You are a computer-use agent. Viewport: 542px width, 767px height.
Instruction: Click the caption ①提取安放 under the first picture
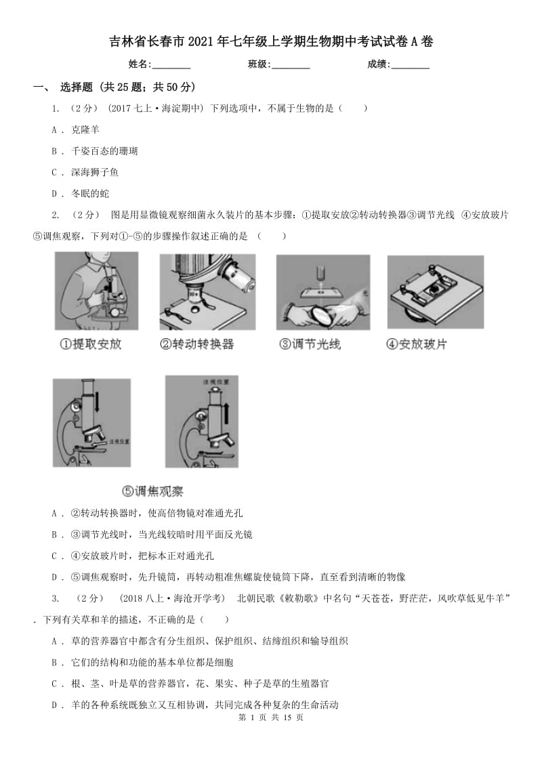point(90,344)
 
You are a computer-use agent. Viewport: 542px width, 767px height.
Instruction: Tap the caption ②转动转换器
point(196,344)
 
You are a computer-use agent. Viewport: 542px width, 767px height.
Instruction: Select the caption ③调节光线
point(310,344)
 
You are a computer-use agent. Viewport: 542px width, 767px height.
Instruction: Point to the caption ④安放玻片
point(417,344)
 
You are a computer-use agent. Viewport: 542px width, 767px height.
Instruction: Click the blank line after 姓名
point(171,65)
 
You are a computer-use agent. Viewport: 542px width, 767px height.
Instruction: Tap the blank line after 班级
point(291,65)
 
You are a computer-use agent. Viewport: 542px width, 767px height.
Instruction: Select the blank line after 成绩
point(411,65)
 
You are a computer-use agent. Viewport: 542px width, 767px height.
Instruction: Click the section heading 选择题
point(76,87)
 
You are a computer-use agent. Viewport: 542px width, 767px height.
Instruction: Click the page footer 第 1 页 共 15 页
point(270,718)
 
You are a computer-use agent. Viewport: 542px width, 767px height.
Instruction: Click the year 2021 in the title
point(203,42)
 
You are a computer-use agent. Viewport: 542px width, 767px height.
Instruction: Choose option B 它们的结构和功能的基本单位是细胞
point(156,663)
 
